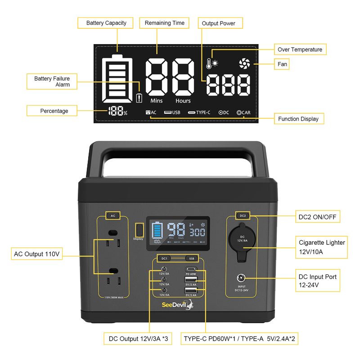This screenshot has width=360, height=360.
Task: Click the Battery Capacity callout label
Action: pyautogui.click(x=106, y=23)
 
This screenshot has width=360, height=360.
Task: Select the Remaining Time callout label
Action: pyautogui.click(x=164, y=23)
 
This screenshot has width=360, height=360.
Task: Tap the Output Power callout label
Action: pyautogui.click(x=219, y=23)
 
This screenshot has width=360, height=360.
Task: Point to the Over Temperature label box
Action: pyautogui.click(x=300, y=49)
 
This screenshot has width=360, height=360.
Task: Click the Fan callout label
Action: pyautogui.click(x=282, y=64)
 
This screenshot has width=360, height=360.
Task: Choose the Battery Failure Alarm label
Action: pyautogui.click(x=52, y=81)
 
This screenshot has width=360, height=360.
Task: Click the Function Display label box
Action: pyautogui.click(x=298, y=119)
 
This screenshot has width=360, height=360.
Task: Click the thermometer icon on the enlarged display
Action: pyautogui.click(x=209, y=64)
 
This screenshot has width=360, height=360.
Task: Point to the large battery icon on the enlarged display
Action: pyautogui.click(x=117, y=80)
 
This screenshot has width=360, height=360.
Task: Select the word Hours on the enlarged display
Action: pyautogui.click(x=183, y=101)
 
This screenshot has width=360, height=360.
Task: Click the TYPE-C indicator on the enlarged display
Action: pyautogui.click(x=199, y=112)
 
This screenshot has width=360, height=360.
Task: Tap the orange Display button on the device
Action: pyautogui.click(x=139, y=229)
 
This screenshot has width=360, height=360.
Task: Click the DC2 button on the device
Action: pyautogui.click(x=243, y=216)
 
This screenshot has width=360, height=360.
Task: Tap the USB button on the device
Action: pyautogui.click(x=192, y=258)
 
